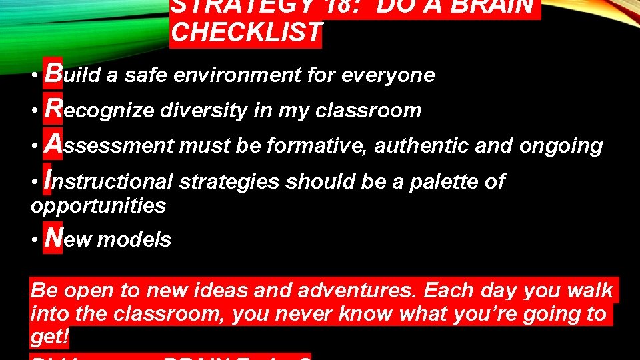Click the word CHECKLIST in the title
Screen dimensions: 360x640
[x=246, y=33]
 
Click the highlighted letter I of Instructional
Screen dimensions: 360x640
[x=47, y=179]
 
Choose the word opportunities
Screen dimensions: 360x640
[x=98, y=205]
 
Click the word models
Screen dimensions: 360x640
[x=134, y=240]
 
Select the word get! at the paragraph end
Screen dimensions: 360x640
[x=50, y=337]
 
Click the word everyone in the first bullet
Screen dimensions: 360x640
[x=388, y=75]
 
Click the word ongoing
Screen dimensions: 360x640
[x=563, y=146]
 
